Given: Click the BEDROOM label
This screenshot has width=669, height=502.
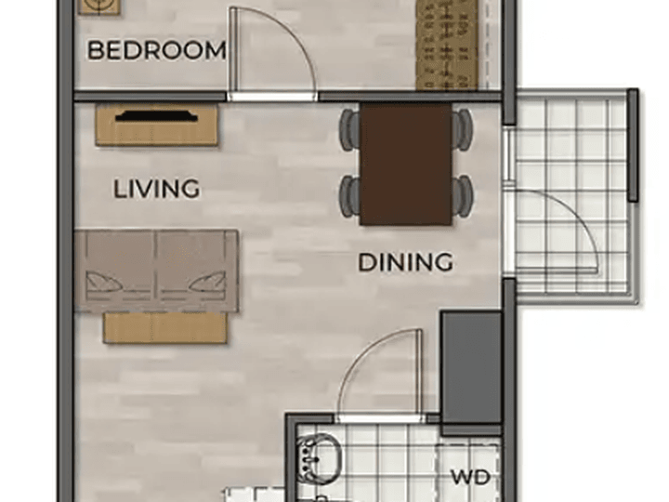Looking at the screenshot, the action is click(157, 50).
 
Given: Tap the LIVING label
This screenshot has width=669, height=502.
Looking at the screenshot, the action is click(157, 189).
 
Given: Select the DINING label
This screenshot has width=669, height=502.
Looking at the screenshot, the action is click(405, 262).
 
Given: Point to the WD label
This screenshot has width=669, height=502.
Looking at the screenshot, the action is click(470, 477).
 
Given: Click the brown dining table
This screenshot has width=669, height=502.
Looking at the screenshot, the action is click(405, 165).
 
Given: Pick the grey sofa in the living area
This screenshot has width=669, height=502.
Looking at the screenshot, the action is click(156, 271).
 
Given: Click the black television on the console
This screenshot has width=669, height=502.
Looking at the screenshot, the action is click(157, 116).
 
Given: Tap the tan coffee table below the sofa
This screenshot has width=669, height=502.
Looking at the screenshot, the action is click(164, 327).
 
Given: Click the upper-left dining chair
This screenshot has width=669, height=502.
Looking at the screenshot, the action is click(350, 129).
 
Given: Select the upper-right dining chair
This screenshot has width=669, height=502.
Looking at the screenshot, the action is click(462, 129).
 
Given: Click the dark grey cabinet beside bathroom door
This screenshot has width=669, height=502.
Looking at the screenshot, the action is click(471, 368).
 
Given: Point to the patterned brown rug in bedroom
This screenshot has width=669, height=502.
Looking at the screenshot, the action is click(446, 46).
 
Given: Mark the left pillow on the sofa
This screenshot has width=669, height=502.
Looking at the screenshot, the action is click(102, 283).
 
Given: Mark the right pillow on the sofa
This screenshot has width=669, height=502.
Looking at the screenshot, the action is click(208, 283).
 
